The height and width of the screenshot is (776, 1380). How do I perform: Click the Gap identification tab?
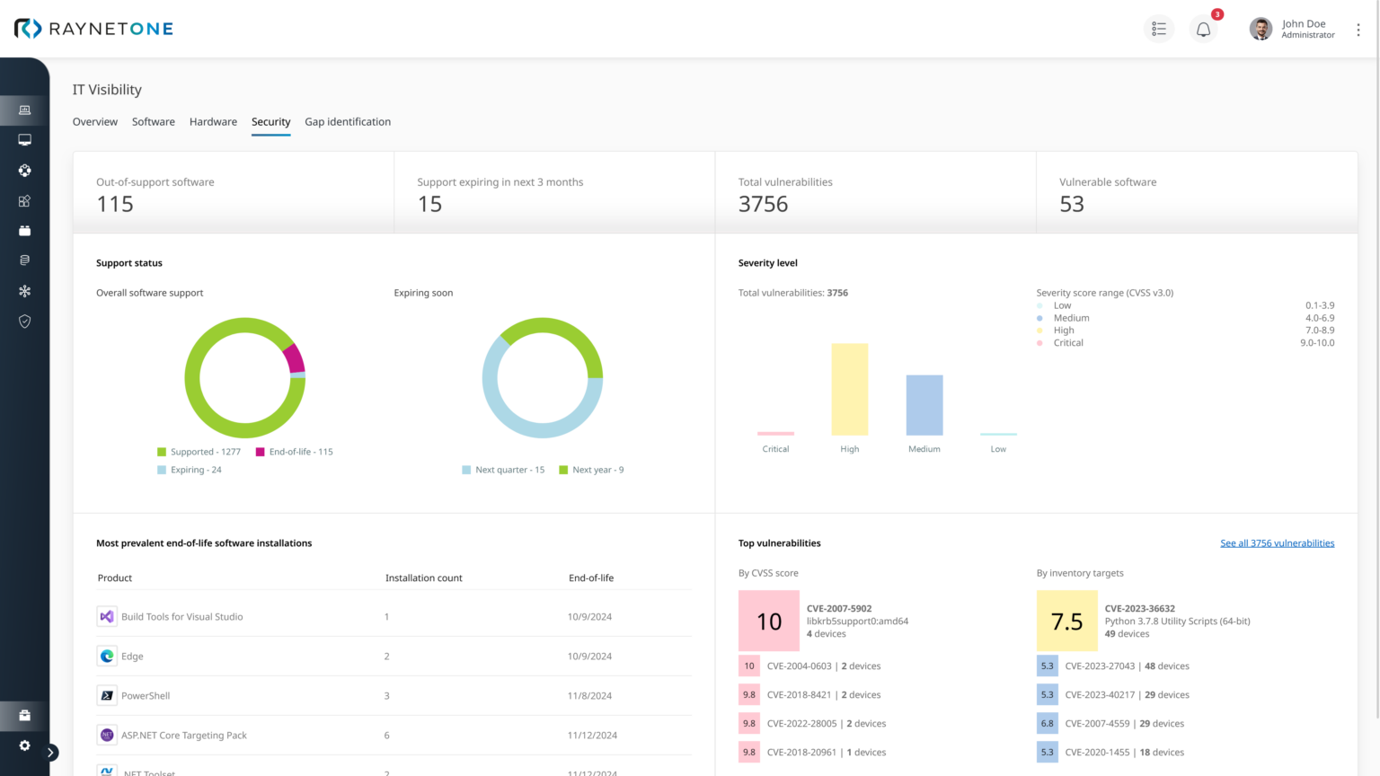[x=348, y=122]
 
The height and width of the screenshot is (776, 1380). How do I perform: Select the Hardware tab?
[x=213, y=122]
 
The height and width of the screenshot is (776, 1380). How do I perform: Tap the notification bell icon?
[x=1203, y=30]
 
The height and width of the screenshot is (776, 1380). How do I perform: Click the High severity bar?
[x=849, y=389]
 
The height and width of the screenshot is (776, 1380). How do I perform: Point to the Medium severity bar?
[x=924, y=405]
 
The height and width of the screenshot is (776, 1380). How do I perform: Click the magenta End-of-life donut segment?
[x=295, y=358]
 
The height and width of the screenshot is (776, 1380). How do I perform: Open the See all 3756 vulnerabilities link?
[x=1277, y=543]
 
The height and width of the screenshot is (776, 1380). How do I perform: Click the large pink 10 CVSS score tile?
[x=768, y=621]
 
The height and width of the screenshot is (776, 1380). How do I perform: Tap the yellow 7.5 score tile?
[x=1066, y=621]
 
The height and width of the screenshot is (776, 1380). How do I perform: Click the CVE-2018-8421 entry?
[x=799, y=695]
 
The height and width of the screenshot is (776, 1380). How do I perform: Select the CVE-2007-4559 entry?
[x=1097, y=724]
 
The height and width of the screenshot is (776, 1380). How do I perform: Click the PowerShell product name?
[x=146, y=696]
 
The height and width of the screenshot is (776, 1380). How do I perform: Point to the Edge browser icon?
[x=107, y=657]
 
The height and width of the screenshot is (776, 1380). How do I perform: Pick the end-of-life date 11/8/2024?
[x=589, y=696]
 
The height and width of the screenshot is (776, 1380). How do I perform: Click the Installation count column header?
[x=423, y=578]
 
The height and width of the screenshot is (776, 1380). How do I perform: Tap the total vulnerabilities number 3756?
[x=763, y=205]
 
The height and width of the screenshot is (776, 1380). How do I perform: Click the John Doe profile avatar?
[x=1261, y=29]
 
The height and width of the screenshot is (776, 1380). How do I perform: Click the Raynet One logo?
[x=93, y=29]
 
